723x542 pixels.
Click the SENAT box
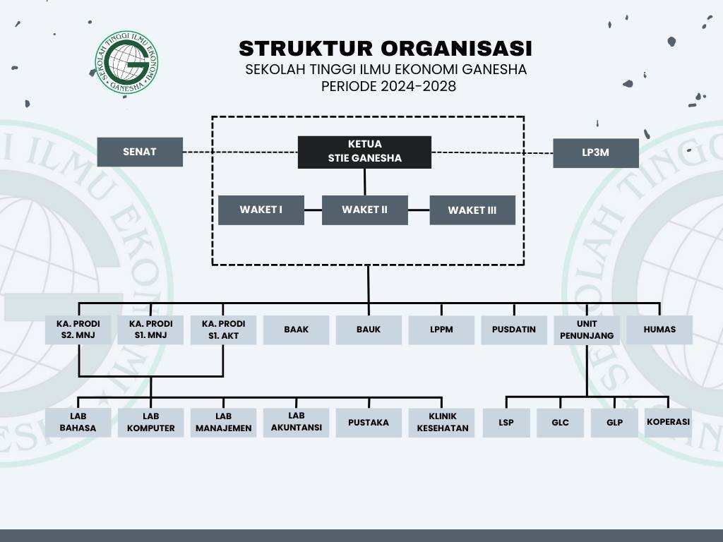click(140, 152)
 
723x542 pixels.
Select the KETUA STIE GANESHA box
click(364, 152)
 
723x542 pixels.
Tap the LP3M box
click(596, 152)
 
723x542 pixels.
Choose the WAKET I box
click(261, 210)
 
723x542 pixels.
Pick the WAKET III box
click(472, 210)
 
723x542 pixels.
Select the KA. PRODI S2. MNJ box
click(78, 330)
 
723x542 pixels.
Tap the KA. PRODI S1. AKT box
click(224, 330)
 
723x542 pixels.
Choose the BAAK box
click(297, 330)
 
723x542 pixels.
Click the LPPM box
click(441, 330)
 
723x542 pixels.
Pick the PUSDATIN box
click(514, 330)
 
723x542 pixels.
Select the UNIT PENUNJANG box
click(587, 330)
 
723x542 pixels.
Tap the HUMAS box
click(659, 330)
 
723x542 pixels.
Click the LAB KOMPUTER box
click(151, 422)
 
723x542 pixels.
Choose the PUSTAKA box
click(369, 423)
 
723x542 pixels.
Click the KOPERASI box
click(668, 422)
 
